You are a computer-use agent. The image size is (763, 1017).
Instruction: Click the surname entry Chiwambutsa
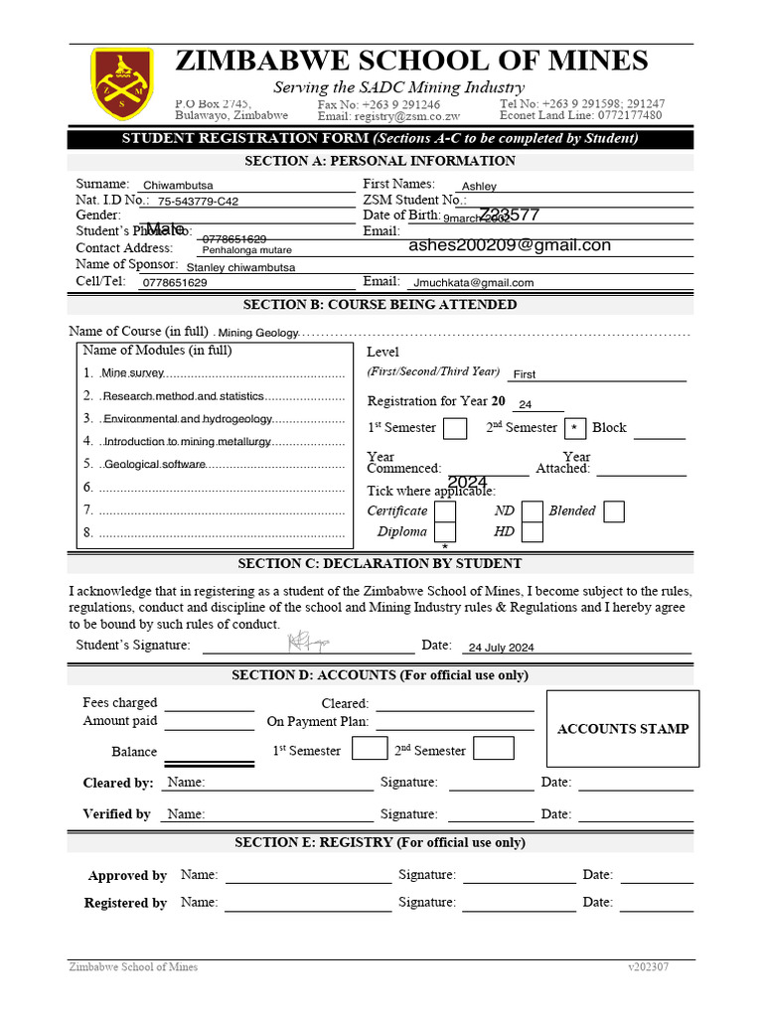pos(178,186)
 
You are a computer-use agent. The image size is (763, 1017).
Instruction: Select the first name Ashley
pos(479,186)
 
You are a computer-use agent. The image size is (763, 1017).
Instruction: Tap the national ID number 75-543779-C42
pos(198,202)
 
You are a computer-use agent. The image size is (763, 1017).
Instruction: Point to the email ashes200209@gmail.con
pos(510,245)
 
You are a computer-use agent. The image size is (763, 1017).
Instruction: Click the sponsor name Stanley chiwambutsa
pos(240,267)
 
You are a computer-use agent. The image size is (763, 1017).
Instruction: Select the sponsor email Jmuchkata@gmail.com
pos(474,283)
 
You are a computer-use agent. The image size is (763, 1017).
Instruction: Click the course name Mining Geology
pos(257,334)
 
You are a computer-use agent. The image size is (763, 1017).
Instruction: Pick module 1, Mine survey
pos(133,373)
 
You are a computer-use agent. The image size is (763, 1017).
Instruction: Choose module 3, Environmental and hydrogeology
pos(187,419)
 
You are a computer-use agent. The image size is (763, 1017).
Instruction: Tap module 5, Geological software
pos(154,465)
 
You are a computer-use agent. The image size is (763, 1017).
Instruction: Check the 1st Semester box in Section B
pos(455,429)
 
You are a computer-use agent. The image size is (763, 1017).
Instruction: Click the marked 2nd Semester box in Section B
pos(574,429)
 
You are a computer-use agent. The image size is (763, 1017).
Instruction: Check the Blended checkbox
pos(614,511)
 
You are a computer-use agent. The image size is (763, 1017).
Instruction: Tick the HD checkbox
pos(533,532)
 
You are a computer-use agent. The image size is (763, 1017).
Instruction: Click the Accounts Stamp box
pos(623,729)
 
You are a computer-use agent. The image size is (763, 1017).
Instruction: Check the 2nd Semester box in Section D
pos(494,749)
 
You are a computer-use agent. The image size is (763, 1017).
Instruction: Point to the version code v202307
pos(648,967)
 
